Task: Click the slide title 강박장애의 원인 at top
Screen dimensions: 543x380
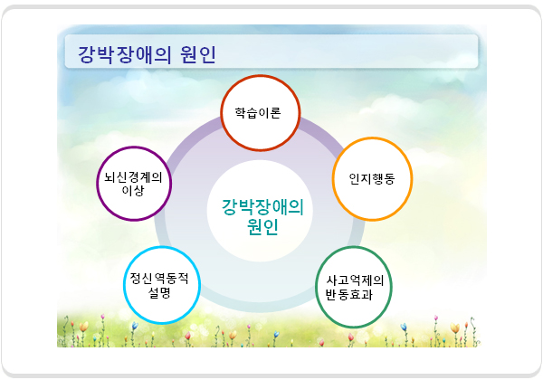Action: [x=147, y=54]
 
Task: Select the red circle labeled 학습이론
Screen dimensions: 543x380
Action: [x=261, y=76]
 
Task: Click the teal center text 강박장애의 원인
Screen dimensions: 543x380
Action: [x=262, y=216]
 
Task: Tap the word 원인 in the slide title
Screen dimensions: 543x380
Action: [x=198, y=54]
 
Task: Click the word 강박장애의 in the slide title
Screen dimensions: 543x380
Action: [x=125, y=54]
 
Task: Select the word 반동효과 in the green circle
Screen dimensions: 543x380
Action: [x=348, y=295]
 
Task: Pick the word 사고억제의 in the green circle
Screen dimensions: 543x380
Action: [x=355, y=280]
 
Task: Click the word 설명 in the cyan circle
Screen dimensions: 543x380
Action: [x=159, y=293]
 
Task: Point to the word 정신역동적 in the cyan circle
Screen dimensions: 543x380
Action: [x=159, y=278]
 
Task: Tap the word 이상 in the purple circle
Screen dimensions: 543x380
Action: [x=133, y=190]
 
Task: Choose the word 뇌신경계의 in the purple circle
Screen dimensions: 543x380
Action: [x=133, y=177]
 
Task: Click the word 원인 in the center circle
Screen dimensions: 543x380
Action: [x=262, y=227]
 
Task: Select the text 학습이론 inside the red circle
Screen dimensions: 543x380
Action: [x=258, y=113]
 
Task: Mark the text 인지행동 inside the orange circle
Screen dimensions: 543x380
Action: [x=372, y=178]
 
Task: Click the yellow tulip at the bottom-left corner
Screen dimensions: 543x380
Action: [x=84, y=327]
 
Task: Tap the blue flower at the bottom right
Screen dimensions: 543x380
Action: [x=404, y=327]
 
